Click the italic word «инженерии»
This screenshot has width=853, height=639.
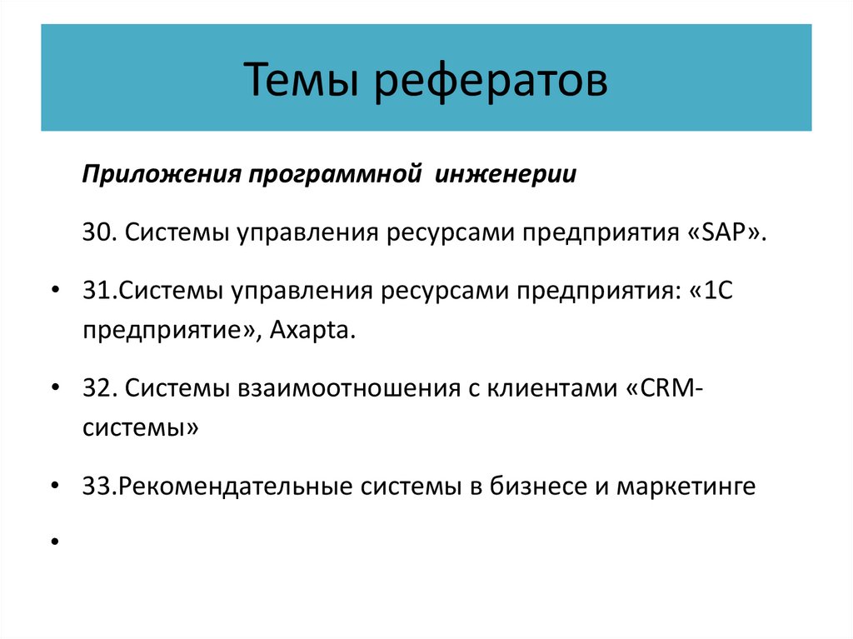[504, 176]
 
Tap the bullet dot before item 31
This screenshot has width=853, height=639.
[54, 292]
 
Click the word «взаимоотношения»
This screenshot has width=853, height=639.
[345, 389]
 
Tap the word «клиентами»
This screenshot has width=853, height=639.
[543, 389]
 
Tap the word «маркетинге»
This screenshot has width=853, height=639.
[686, 486]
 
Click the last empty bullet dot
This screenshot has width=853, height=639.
[54, 542]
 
